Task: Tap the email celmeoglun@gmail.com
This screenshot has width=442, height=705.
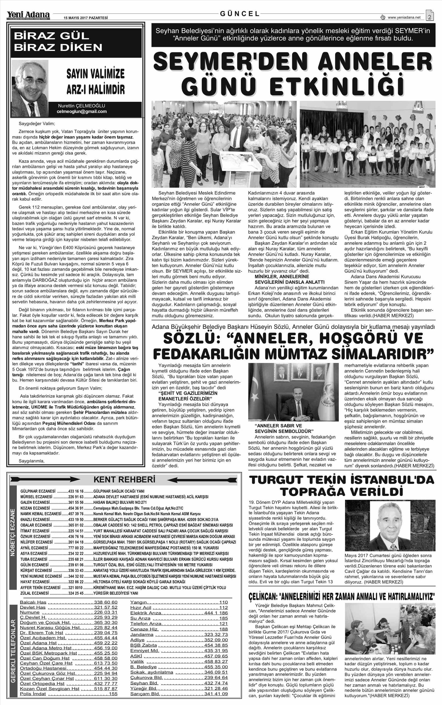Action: tap(82, 112)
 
